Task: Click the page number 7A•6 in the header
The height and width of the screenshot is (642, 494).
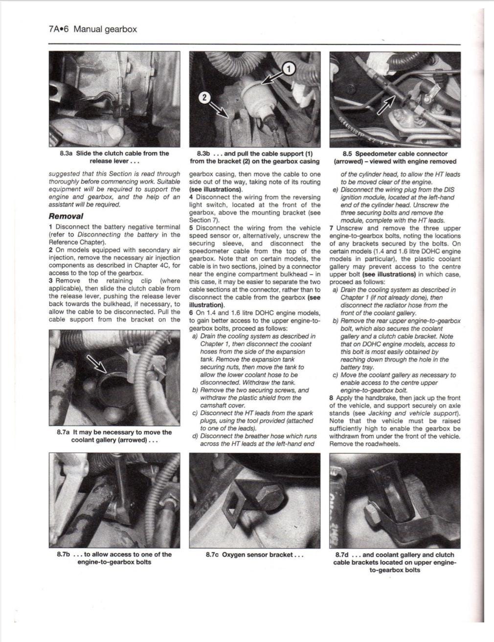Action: point(59,29)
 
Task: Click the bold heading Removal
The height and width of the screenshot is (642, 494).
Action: point(66,216)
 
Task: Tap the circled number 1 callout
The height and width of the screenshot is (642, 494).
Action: point(289,69)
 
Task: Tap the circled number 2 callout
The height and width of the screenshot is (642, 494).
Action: point(204,97)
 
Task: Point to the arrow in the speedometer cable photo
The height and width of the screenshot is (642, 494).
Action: point(386,105)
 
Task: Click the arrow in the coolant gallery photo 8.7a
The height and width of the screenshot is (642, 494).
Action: point(96,364)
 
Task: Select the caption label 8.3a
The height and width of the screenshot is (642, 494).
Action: point(66,153)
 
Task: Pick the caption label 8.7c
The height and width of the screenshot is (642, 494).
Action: point(212,555)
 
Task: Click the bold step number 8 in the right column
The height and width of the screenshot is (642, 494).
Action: point(332,398)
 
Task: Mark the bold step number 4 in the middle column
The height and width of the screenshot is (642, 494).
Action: point(191,197)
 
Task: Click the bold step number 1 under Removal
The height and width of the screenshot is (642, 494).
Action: point(51,227)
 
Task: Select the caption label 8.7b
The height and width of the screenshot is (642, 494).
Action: point(64,554)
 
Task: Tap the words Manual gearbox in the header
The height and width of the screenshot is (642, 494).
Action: point(105,29)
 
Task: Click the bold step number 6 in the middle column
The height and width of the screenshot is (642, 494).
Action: point(191,313)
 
